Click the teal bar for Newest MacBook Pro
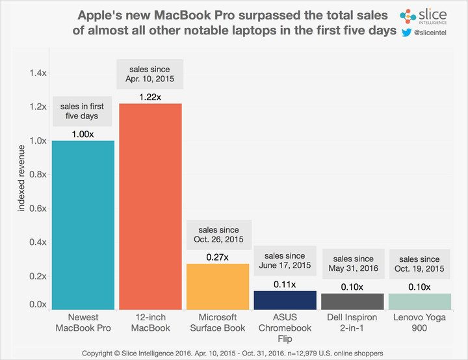point(83,225)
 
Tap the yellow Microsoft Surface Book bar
point(218,286)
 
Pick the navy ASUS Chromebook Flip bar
point(285,300)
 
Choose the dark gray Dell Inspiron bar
point(352,301)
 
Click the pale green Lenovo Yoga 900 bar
point(419,301)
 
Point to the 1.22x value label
point(151,96)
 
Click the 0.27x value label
point(218,257)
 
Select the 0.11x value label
point(285,283)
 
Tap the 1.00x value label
point(83,133)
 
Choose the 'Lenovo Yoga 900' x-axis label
point(419,322)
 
